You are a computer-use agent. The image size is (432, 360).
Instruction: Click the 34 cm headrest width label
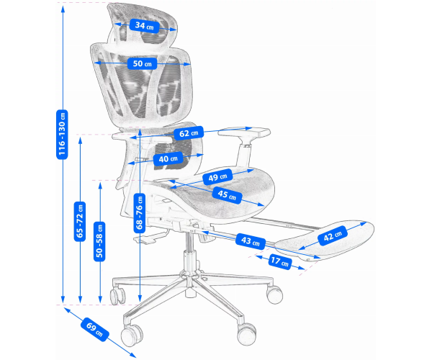144,26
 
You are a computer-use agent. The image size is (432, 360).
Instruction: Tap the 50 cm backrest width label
142,63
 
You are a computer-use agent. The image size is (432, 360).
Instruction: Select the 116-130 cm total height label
62,134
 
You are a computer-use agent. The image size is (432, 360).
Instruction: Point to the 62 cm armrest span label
189,133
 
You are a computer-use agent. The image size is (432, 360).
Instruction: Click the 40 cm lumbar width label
168,158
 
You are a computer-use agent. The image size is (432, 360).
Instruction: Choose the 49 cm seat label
217,177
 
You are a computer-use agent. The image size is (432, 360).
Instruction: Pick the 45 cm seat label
227,194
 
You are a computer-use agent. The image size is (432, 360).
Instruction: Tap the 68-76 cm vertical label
140,212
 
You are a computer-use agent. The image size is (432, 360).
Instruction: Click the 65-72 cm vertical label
80,222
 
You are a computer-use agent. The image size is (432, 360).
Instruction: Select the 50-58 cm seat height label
99,241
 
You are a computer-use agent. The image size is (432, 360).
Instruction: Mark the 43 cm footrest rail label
251,241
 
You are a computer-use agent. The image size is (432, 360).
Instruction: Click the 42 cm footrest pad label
333,235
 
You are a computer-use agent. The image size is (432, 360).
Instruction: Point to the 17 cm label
280,261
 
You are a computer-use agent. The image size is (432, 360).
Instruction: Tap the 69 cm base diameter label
95,329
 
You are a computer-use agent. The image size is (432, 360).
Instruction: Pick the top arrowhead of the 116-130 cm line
63,9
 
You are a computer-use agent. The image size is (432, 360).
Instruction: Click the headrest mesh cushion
143,24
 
